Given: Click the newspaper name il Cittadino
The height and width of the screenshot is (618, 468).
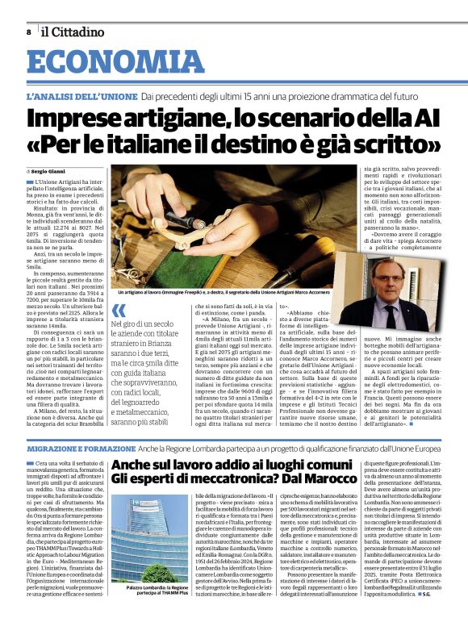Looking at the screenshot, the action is (73, 32).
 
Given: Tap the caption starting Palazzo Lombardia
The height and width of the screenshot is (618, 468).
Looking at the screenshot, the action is (144, 592).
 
